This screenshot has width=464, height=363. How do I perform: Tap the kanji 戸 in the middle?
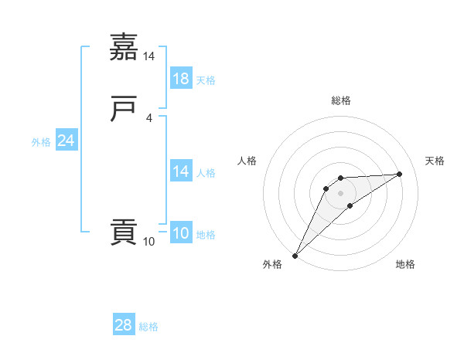pos(125,110)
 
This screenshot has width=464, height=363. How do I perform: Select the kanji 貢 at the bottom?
pos(125,232)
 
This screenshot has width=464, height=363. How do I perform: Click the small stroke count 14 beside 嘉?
pos(149,57)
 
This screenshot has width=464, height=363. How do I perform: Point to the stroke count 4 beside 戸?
pos(149,118)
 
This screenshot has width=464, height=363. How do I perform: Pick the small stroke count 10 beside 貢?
pos(149,242)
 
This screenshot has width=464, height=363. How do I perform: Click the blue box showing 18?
pos(181,79)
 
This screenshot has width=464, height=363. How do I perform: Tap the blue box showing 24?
pos(67,141)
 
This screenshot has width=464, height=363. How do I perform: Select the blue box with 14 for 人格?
pos(181,171)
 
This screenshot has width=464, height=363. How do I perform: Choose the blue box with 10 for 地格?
pos(181,233)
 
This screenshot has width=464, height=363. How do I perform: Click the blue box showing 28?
pos(124,326)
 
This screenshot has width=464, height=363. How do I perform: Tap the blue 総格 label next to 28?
pos(149,327)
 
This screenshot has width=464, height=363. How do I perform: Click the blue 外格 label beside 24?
pos(41,142)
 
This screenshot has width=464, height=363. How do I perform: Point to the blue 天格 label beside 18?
pos(206,80)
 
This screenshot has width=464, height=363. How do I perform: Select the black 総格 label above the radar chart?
pos(341,100)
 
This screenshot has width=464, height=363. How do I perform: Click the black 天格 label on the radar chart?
pos(435,161)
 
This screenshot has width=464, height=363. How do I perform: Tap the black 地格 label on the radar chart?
pos(405,264)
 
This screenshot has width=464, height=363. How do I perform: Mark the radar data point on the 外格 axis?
pos(295,256)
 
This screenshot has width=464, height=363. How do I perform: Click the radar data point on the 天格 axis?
pos(400,174)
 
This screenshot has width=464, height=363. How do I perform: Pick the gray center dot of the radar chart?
pos(341,193)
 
